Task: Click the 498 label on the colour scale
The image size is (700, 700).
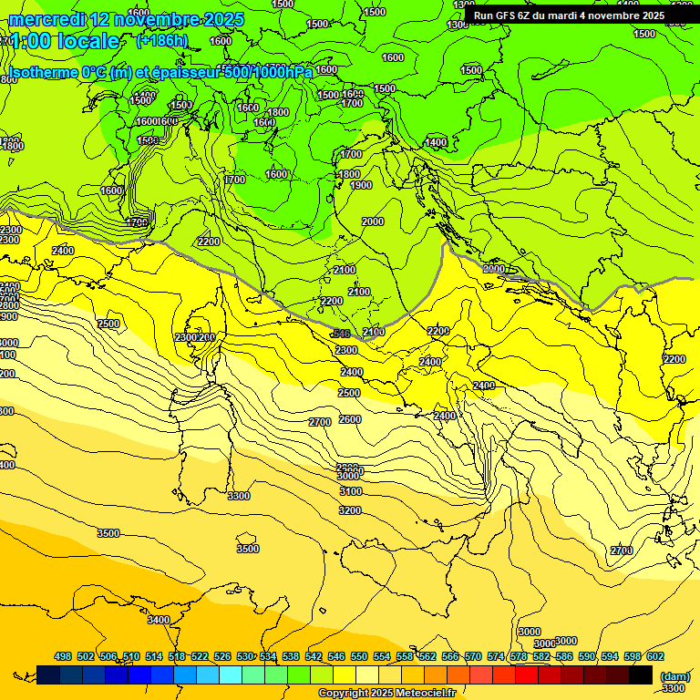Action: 63,656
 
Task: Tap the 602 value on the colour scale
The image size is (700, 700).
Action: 655,656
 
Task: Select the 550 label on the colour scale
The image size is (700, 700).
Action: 359,656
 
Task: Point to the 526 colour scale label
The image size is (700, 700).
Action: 222,656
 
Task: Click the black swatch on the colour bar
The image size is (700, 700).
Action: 641,674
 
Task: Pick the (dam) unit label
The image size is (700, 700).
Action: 674,676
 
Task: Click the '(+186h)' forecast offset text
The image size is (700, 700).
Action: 161,40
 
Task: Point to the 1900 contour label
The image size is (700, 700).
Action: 361,185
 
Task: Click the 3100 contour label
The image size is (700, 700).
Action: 350,491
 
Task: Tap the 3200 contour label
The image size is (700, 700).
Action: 350,510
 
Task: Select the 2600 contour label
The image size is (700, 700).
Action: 350,419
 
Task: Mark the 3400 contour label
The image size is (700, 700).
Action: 159,620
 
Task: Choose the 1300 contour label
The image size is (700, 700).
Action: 458,25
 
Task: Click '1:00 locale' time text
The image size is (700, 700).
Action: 64,41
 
